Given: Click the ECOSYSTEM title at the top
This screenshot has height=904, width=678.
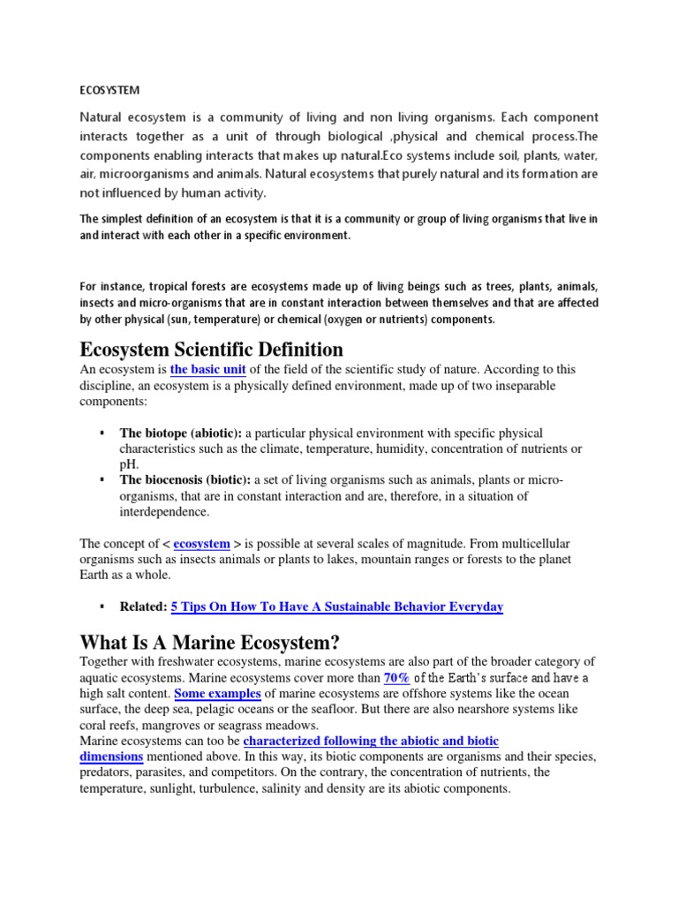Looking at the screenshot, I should (109, 90).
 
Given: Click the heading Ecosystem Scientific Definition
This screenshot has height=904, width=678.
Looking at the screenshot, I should (211, 349).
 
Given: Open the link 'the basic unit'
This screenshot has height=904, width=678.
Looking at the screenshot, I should (207, 370).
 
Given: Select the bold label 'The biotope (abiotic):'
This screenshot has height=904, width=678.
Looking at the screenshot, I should (181, 433).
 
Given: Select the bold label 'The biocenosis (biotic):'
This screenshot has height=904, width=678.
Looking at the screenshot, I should (185, 480).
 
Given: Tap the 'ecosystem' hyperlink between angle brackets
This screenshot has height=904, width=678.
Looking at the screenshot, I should (201, 544).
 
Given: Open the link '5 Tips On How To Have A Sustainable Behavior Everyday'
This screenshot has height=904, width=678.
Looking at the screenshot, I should (336, 607).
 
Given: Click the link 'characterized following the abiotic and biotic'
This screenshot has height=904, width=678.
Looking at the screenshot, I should (371, 742).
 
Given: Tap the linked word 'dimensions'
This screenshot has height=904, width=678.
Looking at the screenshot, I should (111, 757).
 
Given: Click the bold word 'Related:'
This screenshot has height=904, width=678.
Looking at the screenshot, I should (143, 607).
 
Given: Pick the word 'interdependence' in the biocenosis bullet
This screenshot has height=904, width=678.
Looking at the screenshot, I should (164, 512).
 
